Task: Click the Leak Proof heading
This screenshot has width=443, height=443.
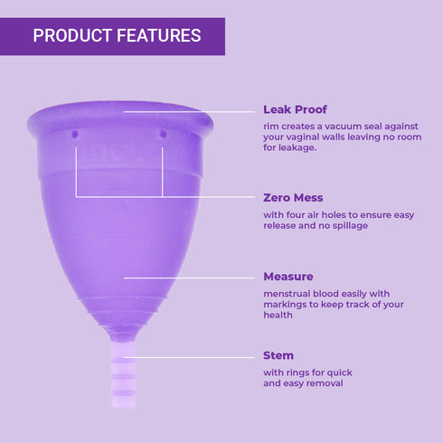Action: pos(295,109)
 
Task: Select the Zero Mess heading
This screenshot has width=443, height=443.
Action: pos(293,197)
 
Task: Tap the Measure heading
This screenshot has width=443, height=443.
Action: pos(288,277)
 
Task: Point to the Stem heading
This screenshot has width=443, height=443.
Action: pos(278,355)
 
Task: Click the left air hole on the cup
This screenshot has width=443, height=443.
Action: pos(76,134)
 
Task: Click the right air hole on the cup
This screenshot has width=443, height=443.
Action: pos(163,134)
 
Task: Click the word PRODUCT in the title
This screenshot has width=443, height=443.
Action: pos(69,36)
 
